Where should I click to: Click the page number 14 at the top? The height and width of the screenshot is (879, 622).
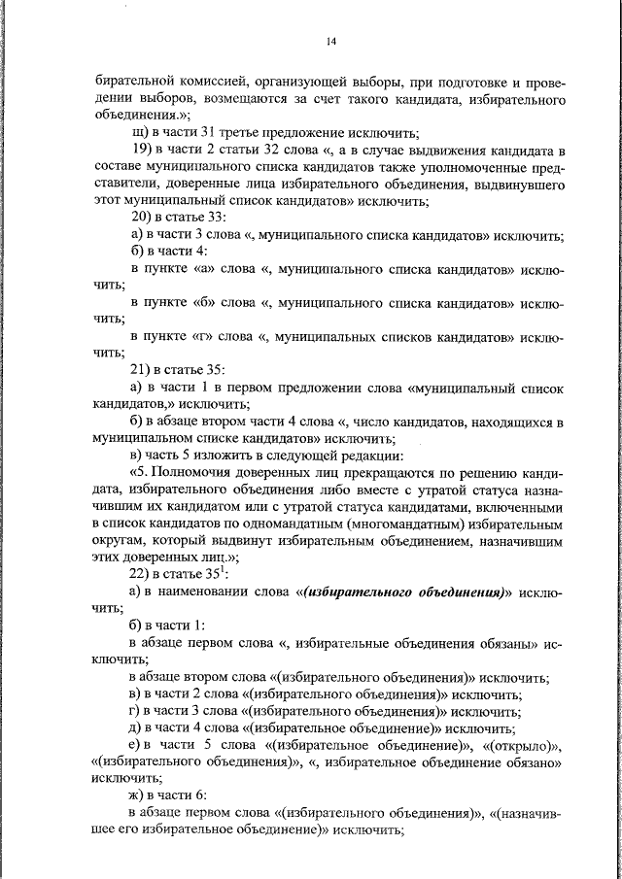point(331,41)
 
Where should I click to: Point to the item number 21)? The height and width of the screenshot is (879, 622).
point(142,369)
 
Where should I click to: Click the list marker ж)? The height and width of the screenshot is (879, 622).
point(138,794)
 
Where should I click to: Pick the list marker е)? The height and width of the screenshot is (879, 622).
point(137,744)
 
